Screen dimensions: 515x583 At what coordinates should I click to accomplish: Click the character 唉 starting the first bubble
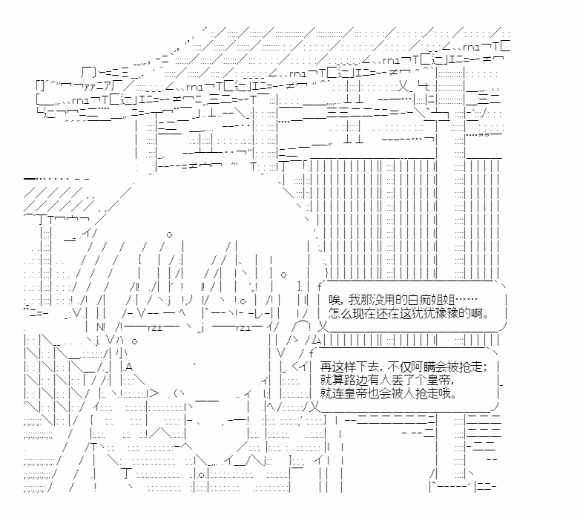click(332, 300)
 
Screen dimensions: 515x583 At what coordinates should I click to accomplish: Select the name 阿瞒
click(421, 368)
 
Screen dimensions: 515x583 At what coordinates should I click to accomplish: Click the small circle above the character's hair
click(170, 235)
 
